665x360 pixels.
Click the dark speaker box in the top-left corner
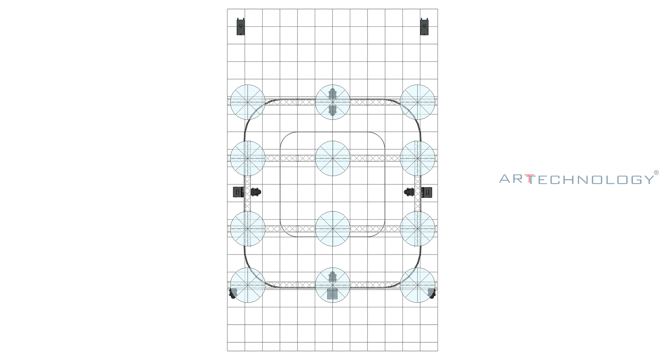click(241, 27)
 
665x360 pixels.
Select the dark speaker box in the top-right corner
click(424, 27)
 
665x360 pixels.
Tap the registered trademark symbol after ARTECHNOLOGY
click(656, 173)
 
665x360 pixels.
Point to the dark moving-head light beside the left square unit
click(256, 192)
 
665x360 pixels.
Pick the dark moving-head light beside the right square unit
click(409, 192)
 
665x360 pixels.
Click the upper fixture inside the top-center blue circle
click(332, 94)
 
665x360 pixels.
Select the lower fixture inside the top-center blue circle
click(332, 110)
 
